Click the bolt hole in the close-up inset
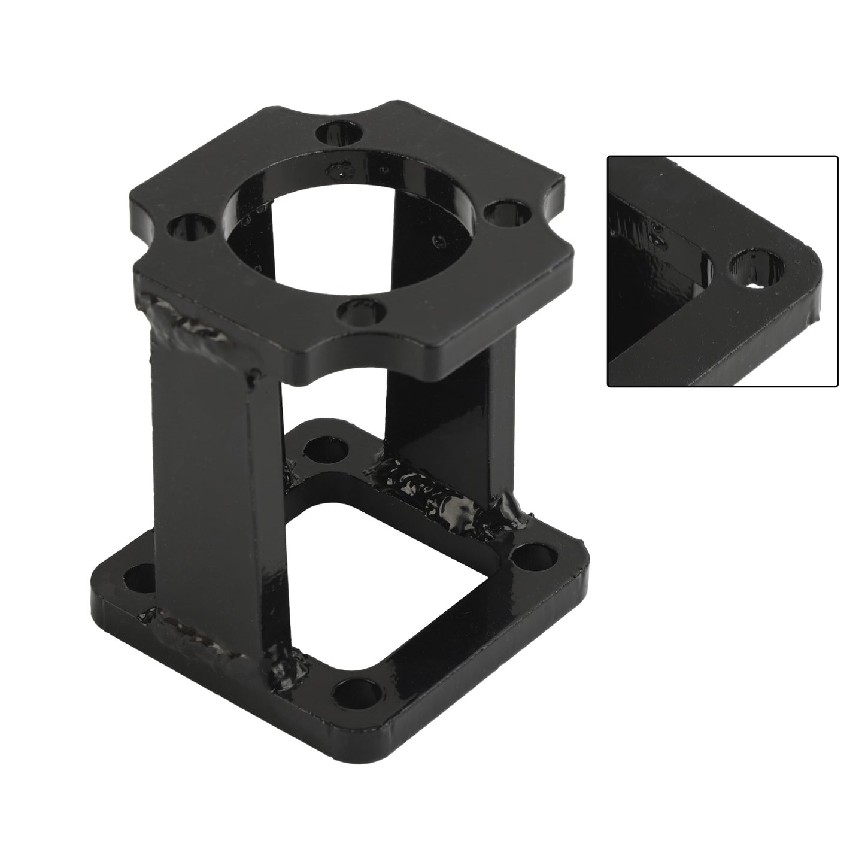[757, 268]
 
